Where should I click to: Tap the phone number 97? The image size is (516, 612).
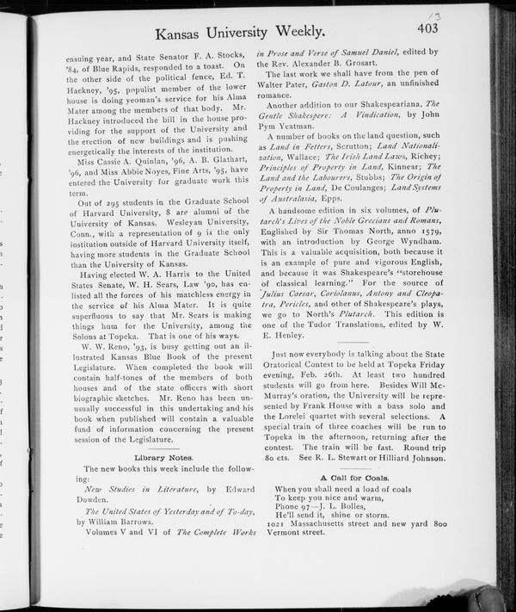pos(310,501)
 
